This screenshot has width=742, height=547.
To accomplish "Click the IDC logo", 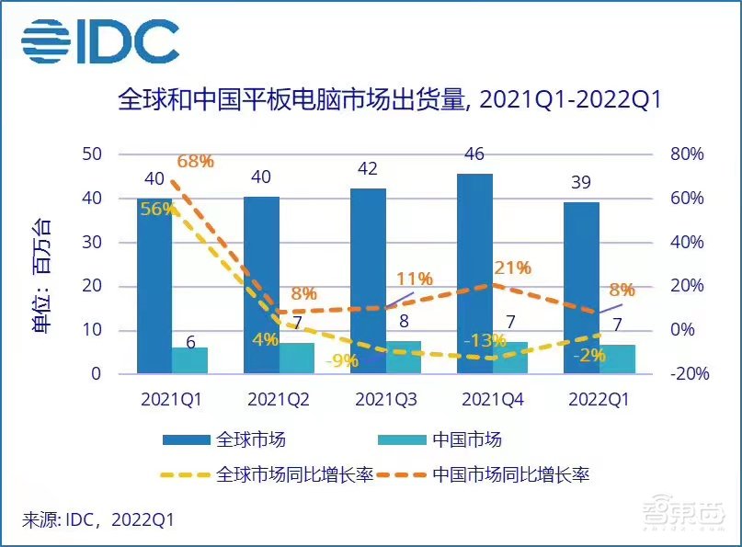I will tap(99, 41).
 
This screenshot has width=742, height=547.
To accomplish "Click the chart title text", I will tap(390, 100).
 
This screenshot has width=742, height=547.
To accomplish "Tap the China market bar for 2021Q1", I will tap(190, 360).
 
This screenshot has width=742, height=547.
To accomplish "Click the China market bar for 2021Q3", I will tap(404, 358).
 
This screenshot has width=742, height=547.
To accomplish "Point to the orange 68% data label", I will tap(194, 162).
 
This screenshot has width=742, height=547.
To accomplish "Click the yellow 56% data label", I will tap(157, 209).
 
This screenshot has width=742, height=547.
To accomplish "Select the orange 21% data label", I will tap(512, 268).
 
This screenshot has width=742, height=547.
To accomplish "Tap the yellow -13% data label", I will tap(485, 341).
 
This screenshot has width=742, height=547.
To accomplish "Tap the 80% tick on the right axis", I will tap(685, 154).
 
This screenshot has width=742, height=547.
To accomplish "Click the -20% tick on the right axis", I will tap(685, 374).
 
